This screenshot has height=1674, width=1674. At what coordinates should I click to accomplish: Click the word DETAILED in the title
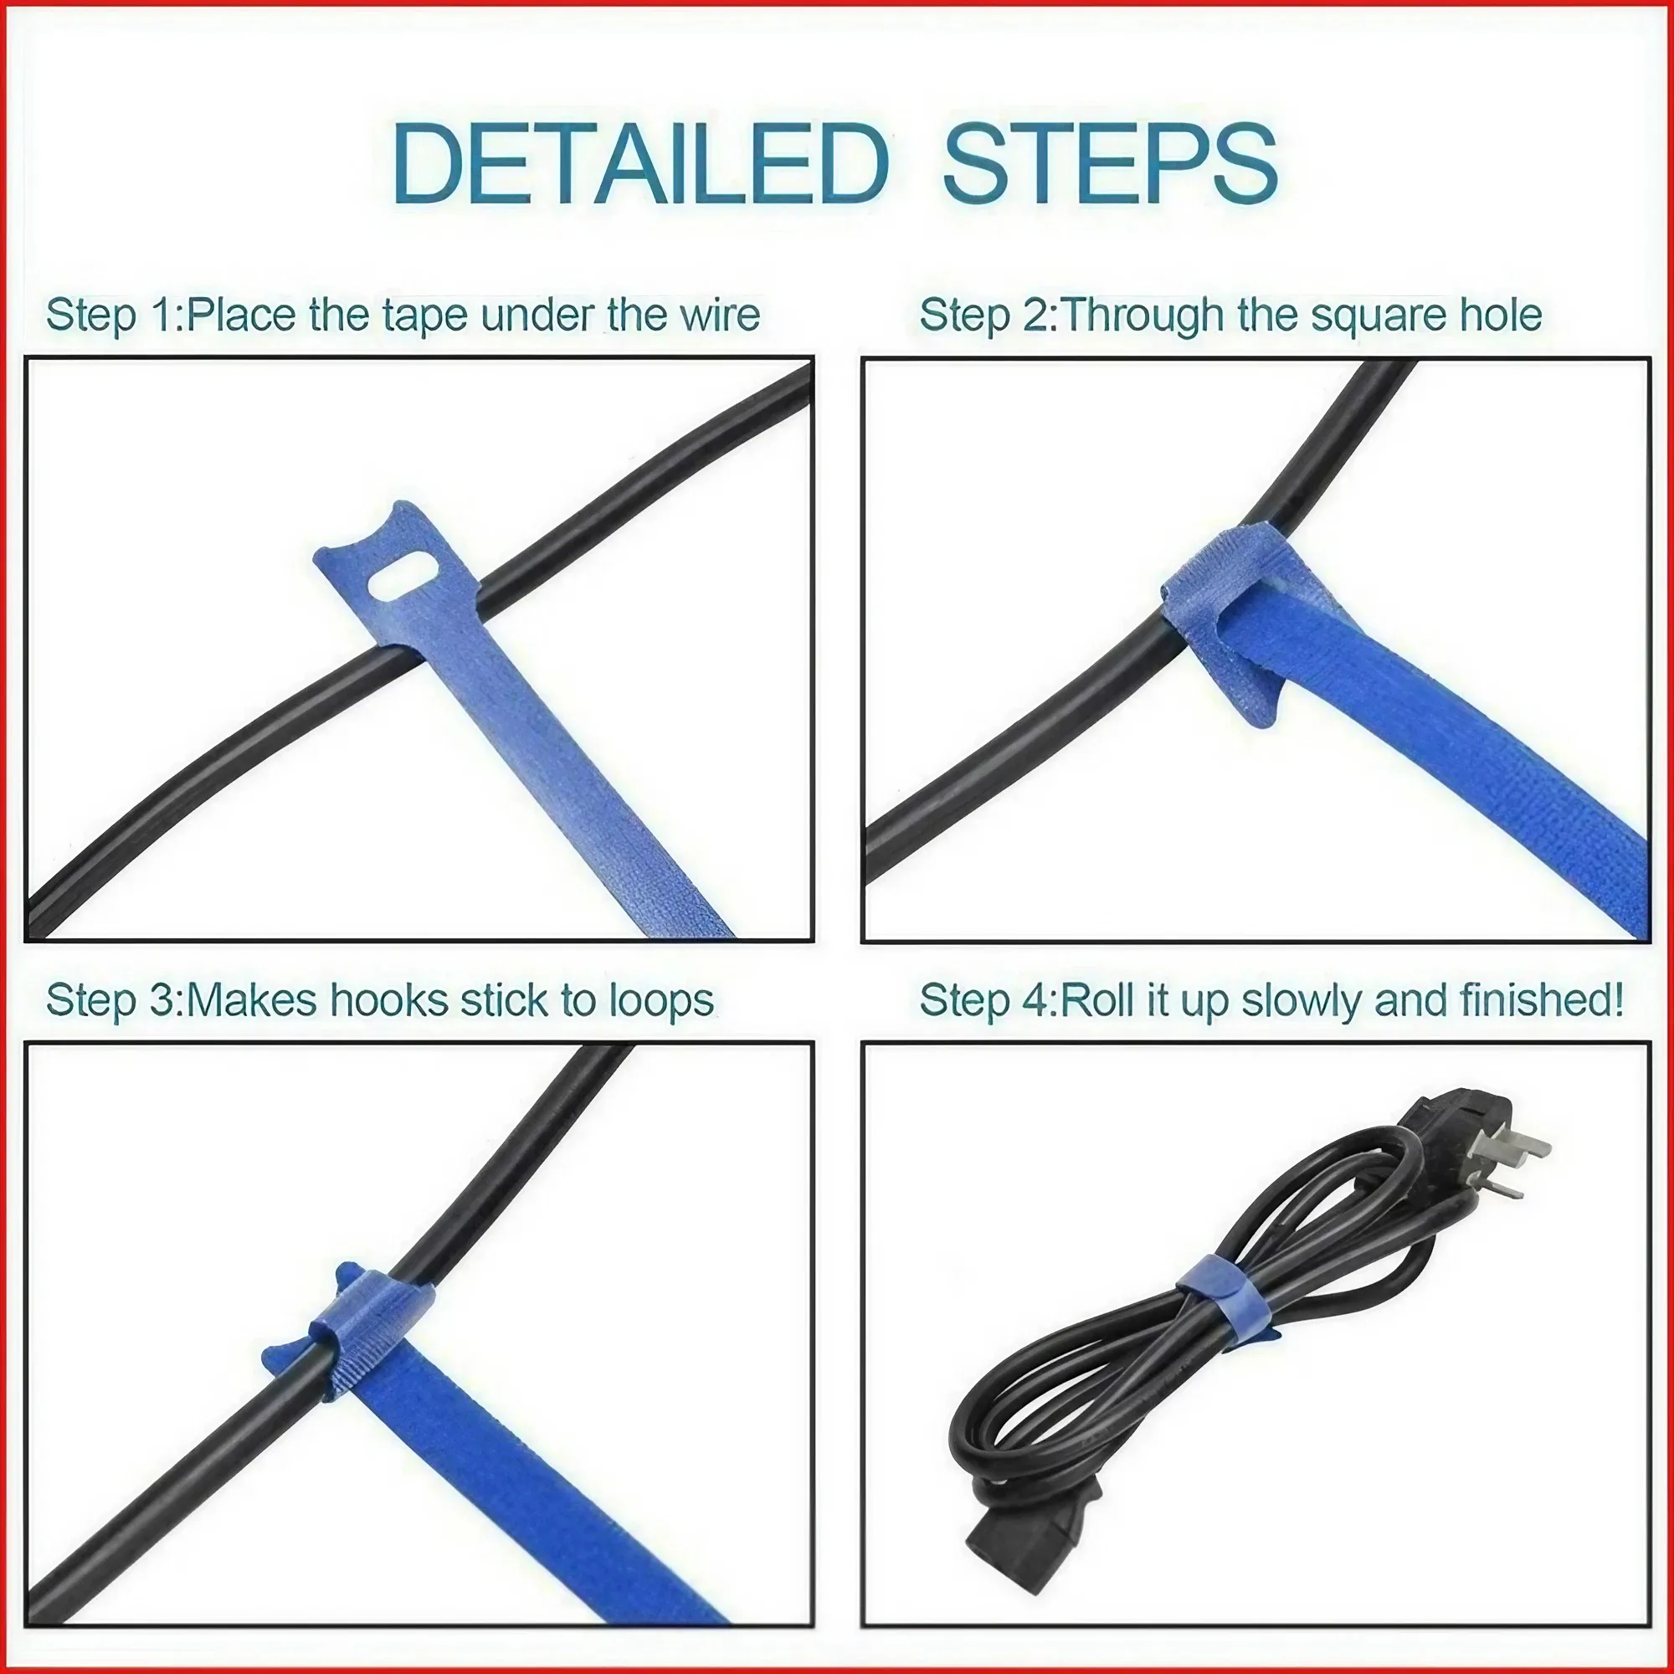639,165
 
